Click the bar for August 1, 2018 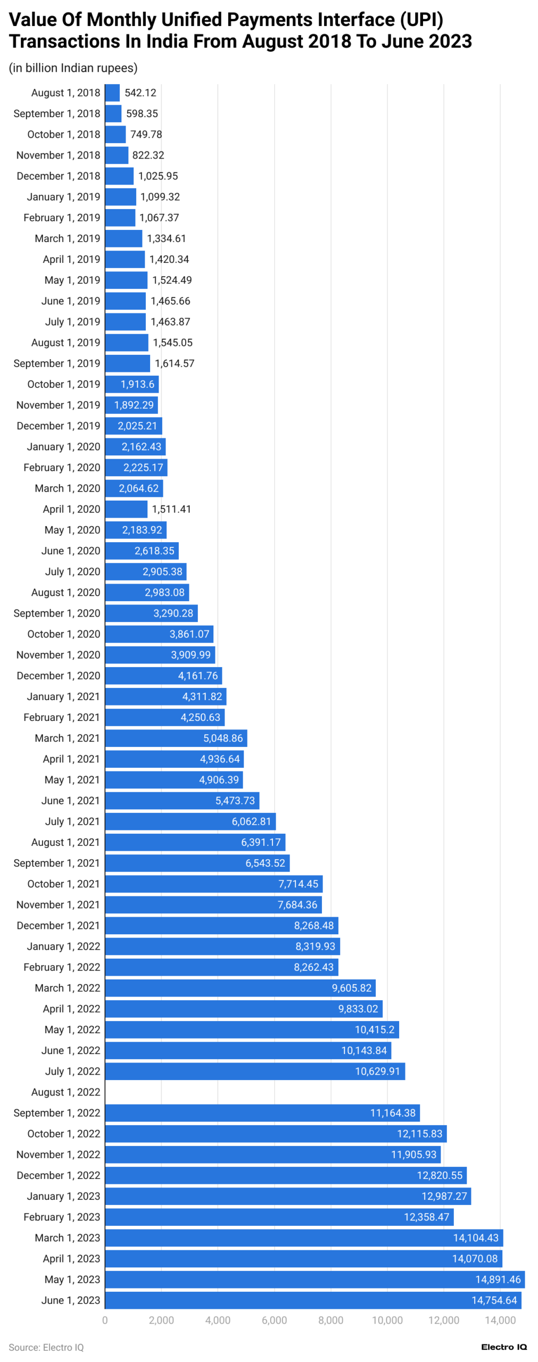click(112, 93)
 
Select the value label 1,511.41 click(171, 509)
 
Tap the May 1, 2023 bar click(314, 1280)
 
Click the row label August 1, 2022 click(65, 1092)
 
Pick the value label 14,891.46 click(498, 1280)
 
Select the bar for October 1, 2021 click(213, 884)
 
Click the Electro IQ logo click(503, 1347)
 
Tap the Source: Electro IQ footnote click(46, 1347)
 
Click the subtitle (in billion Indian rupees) click(73, 68)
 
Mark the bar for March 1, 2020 click(134, 488)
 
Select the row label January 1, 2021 click(63, 696)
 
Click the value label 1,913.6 click(137, 384)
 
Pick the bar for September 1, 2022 click(262, 1113)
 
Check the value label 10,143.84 click(364, 1051)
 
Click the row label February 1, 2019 click(62, 218)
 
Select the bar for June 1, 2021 click(181, 801)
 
